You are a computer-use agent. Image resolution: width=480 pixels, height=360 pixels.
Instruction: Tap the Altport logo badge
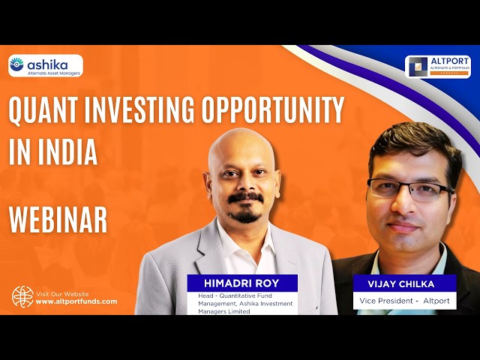[438, 67]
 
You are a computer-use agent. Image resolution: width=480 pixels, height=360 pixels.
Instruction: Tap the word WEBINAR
[58, 220]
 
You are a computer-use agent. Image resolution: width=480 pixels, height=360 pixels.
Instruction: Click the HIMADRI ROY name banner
[242, 282]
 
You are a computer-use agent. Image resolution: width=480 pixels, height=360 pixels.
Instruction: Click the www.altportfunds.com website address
[76, 301]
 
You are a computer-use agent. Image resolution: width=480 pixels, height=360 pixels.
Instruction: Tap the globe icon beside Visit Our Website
[22, 297]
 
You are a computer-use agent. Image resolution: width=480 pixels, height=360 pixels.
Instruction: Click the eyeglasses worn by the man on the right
[409, 189]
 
